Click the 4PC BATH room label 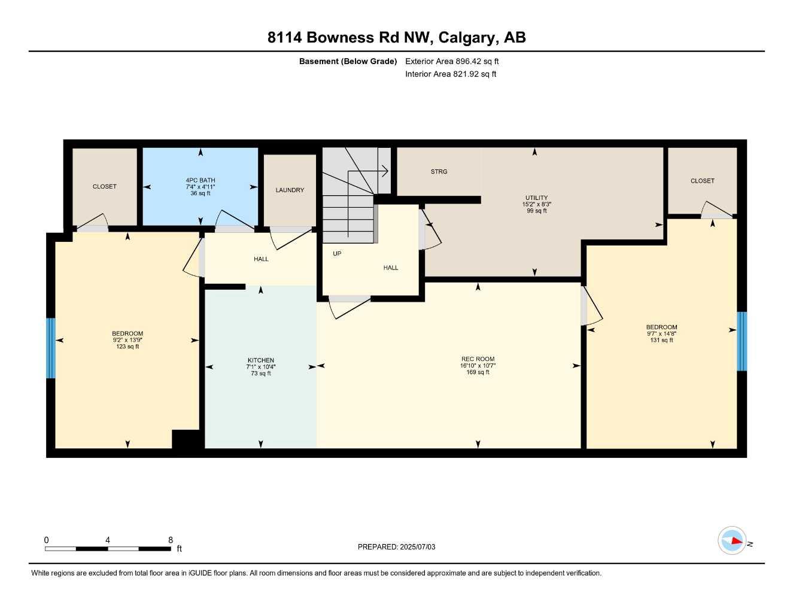(x=200, y=180)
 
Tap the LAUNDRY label (x=290, y=190)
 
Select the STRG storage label (x=439, y=172)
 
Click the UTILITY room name (x=536, y=198)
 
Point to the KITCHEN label (x=261, y=360)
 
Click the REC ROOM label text (x=478, y=359)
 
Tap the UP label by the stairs (x=337, y=254)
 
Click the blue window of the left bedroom (x=51, y=348)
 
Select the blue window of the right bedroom (x=742, y=341)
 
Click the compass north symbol (x=733, y=541)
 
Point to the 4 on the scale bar (x=108, y=540)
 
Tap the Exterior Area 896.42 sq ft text (x=452, y=61)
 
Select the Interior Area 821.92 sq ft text (x=451, y=74)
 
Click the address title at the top (x=396, y=38)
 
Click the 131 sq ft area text (x=661, y=340)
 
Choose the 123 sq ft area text (x=127, y=347)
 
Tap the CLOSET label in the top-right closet (x=702, y=181)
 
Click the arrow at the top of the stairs (x=384, y=171)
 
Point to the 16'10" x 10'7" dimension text (x=478, y=366)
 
